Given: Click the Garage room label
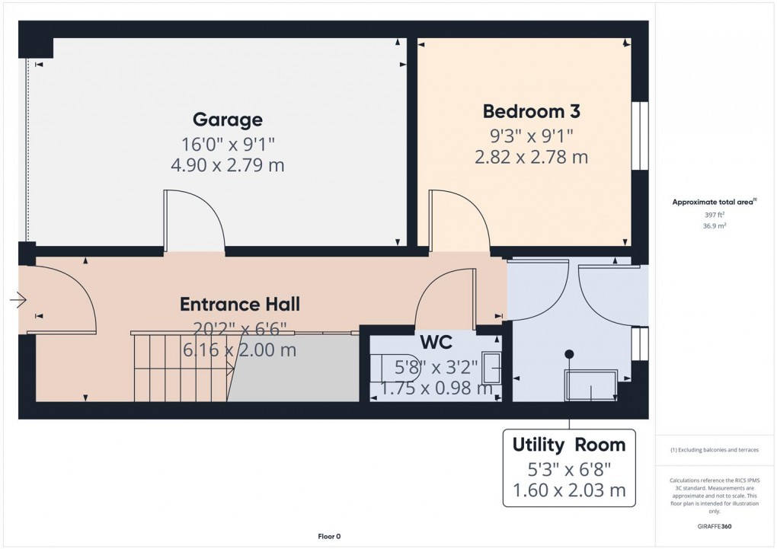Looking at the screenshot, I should tap(227, 120).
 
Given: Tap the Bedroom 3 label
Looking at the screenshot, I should tap(531, 111).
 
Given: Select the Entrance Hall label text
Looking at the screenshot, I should tap(239, 304).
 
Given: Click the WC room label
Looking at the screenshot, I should tap(436, 341).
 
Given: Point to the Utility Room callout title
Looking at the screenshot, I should tap(568, 445).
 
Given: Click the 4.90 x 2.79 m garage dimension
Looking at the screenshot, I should tap(227, 165).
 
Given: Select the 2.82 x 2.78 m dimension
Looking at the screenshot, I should tap(531, 158).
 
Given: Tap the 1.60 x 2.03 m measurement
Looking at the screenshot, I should tap(568, 491).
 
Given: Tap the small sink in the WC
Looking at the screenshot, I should tap(492, 372).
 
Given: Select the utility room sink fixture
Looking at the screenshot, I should tap(591, 385).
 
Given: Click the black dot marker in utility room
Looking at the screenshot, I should tap(568, 353).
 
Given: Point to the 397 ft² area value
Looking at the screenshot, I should tap(715, 215).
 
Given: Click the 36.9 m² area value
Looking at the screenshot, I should tap(715, 226).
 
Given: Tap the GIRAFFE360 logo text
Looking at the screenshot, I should tap(715, 526).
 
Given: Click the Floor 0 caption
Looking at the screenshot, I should tap(329, 537).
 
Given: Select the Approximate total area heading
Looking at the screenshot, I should tap(713, 202).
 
